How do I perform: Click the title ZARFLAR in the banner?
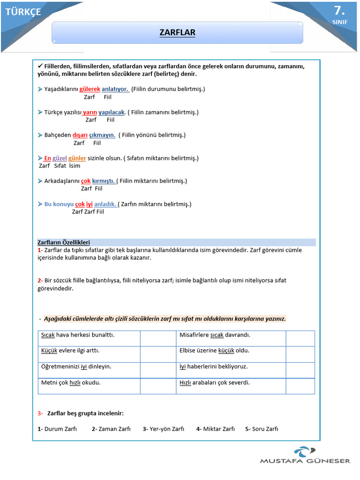(x=177, y=32)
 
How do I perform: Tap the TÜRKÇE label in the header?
(x=23, y=12)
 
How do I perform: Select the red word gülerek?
(x=90, y=89)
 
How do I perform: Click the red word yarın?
(x=90, y=112)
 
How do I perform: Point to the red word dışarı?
(x=80, y=135)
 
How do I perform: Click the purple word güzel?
(x=60, y=158)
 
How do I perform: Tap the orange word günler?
(x=77, y=158)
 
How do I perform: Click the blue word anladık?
(x=105, y=204)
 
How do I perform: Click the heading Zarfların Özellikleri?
(x=63, y=242)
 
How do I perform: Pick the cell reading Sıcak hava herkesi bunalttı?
(x=78, y=335)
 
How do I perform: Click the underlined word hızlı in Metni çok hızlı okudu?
(x=75, y=382)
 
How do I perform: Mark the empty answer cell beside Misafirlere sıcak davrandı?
(x=300, y=338)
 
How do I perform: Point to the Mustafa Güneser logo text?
(x=305, y=461)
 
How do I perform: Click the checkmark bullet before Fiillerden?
(x=40, y=66)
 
